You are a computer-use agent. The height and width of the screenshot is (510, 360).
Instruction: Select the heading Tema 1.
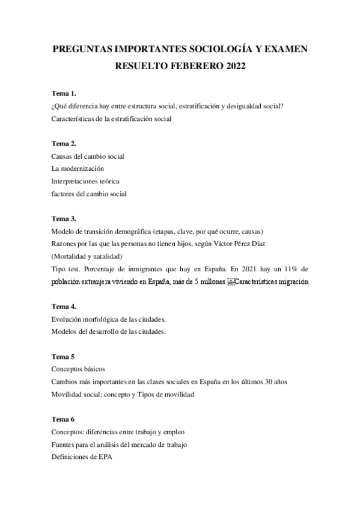click(x=64, y=94)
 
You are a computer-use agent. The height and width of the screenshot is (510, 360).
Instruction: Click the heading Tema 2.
click(x=64, y=144)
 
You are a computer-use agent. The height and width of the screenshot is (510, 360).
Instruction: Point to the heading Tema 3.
click(x=64, y=218)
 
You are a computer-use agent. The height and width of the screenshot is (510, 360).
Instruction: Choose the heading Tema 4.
click(x=64, y=306)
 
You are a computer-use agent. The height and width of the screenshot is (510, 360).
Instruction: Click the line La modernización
click(x=78, y=168)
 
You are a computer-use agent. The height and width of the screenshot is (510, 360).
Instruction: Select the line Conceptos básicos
click(x=79, y=369)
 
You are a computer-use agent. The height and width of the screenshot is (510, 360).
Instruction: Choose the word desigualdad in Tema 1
click(x=240, y=107)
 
